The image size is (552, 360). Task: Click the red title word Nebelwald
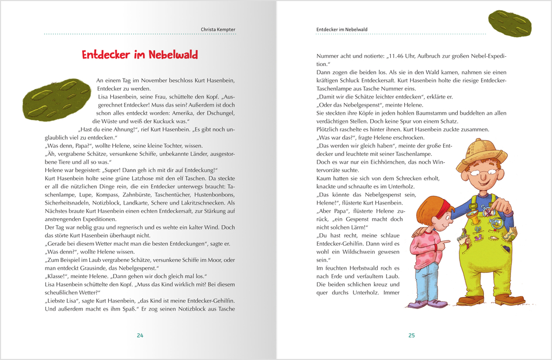click(172, 55)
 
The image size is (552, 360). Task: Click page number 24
click(140, 336)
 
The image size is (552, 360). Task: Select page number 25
click(411, 336)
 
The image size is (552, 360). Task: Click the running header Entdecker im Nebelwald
click(341, 30)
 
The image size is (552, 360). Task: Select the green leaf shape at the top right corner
click(509, 23)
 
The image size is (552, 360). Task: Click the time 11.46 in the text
click(399, 55)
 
